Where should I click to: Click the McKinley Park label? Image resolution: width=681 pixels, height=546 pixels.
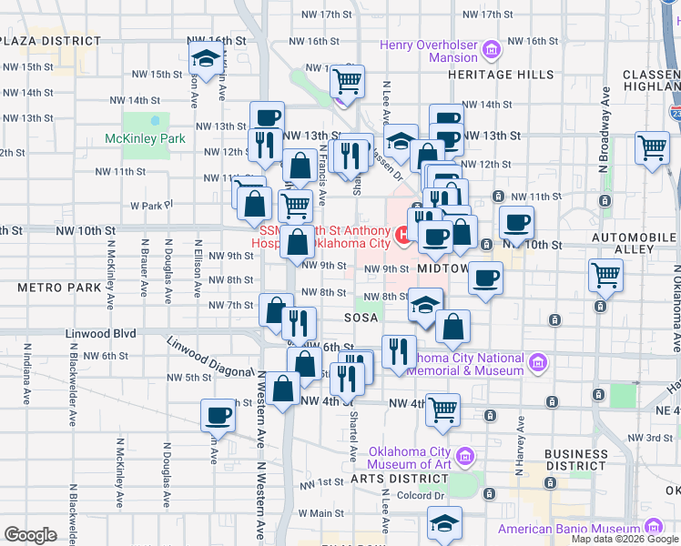point(145,138)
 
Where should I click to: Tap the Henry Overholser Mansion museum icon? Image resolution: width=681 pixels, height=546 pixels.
point(493,49)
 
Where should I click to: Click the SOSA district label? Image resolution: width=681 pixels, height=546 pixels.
point(361,318)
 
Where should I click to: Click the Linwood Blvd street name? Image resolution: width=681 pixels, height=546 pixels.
point(101,334)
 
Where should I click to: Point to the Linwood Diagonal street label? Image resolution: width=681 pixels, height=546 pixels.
point(208,358)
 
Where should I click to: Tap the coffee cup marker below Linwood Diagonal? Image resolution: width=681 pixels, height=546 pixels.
point(218,416)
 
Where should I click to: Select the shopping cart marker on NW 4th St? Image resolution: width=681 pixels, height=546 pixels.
point(442,410)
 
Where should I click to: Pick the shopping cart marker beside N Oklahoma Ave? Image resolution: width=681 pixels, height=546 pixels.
point(605,274)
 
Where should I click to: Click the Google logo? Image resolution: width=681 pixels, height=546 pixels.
point(30,535)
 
